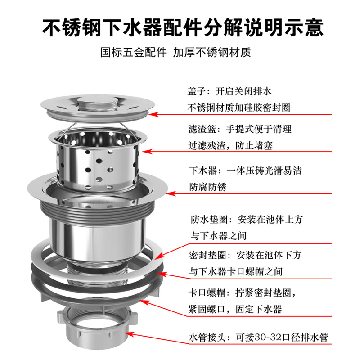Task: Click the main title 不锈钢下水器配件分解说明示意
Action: (183, 27)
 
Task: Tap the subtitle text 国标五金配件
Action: (133, 52)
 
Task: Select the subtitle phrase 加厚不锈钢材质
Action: (212, 52)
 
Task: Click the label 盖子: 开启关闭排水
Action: (229, 91)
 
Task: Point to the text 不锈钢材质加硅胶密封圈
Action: (239, 108)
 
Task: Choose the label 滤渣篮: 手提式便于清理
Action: (240, 129)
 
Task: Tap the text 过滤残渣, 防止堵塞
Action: (230, 145)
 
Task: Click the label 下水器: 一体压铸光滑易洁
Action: (245, 171)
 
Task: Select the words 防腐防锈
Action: (208, 187)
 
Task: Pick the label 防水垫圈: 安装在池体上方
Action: (247, 220)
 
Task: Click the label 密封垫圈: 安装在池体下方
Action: (245, 255)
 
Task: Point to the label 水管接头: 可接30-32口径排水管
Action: (258, 337)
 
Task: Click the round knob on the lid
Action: (97, 102)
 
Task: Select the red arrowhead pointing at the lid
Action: (153, 114)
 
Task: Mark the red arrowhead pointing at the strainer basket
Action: (147, 152)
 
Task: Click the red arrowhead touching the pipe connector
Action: (129, 334)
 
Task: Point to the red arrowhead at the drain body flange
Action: (171, 193)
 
